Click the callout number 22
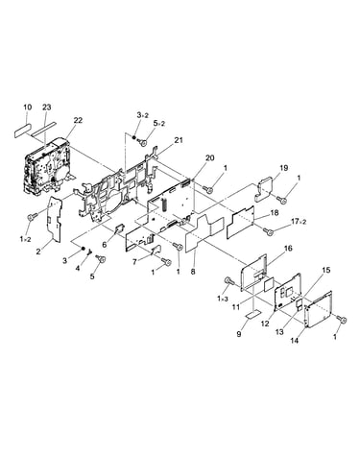coord(78,120)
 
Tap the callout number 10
coord(28,107)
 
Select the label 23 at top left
coord(47,107)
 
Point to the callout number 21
coord(179,140)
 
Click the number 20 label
coord(210,157)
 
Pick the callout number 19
coord(283,168)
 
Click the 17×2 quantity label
coord(299,222)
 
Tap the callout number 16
coord(288,248)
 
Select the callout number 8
coord(193,272)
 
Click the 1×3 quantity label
coord(223,299)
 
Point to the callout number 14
coord(295,341)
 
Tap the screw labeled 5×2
coord(144,143)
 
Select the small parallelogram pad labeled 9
coord(253,315)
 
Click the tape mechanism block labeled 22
coord(46,167)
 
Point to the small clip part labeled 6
coord(120,228)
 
